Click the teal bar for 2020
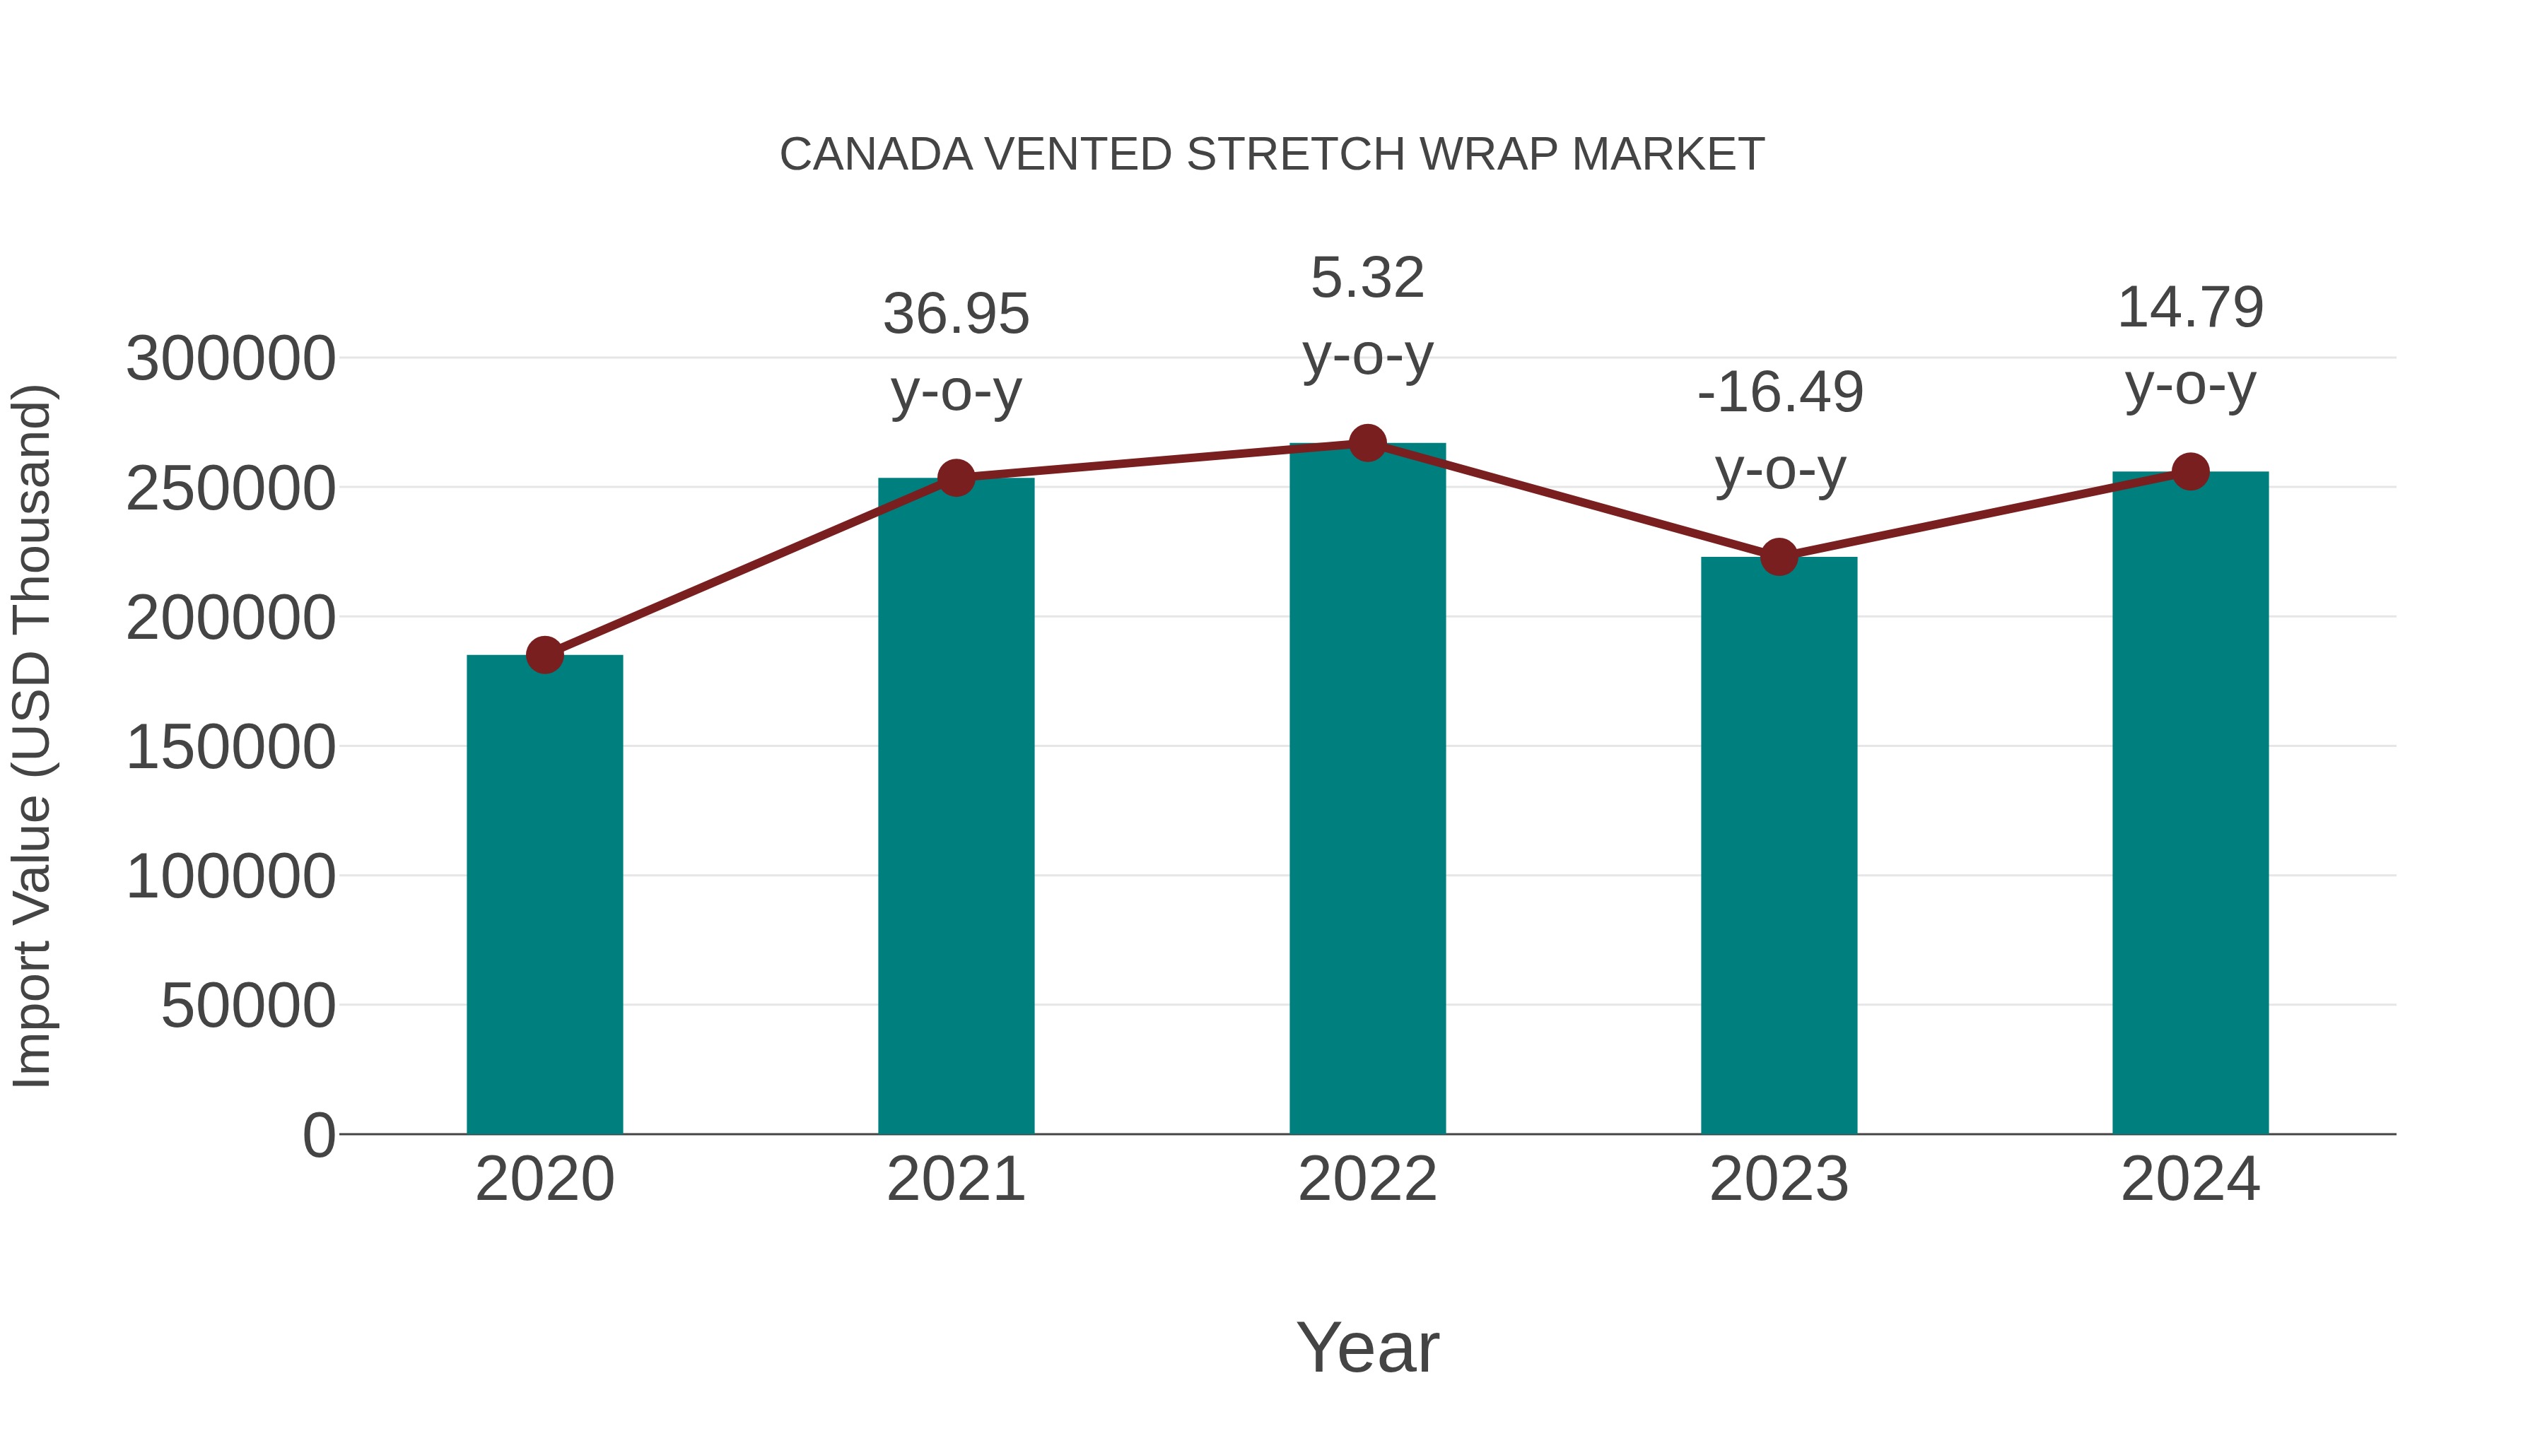point(544,894)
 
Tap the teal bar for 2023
point(1779,845)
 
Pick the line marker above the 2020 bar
point(544,655)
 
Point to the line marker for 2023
point(1779,557)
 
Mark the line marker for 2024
point(2190,472)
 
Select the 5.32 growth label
point(1367,278)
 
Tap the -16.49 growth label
point(1779,392)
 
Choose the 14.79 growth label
point(2190,307)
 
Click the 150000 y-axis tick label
point(230,747)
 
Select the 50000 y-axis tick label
point(248,1006)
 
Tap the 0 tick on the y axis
point(318,1135)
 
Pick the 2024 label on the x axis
point(2190,1179)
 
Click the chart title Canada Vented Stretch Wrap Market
point(1272,155)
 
